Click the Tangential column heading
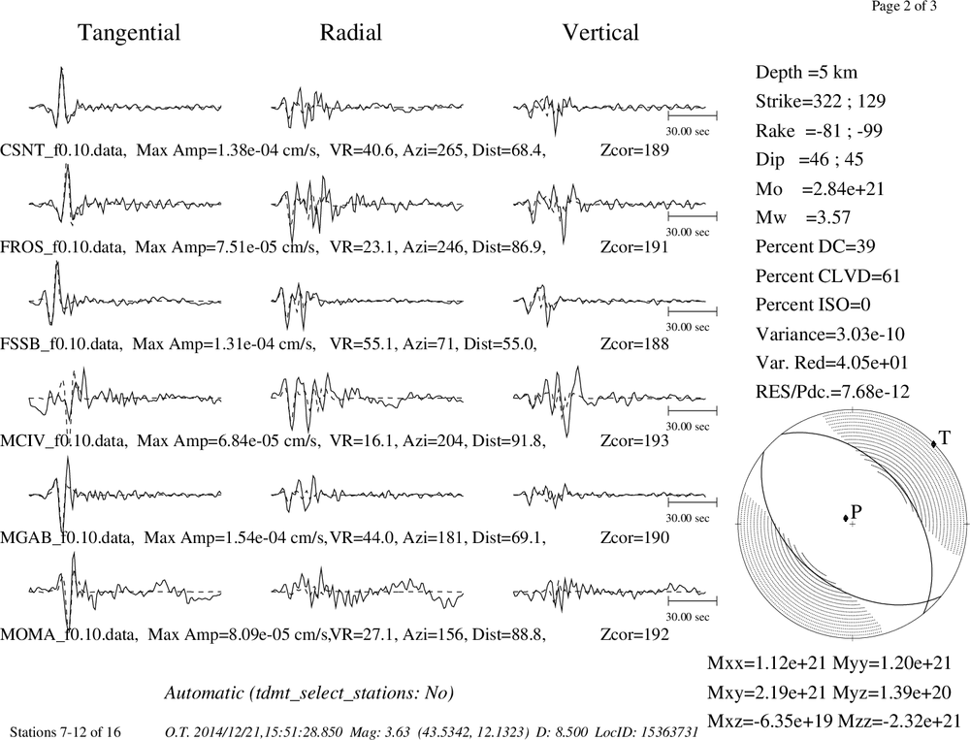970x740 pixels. coord(129,33)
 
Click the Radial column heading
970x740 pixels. coord(351,33)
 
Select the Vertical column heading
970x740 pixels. coord(600,33)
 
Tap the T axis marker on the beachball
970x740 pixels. coord(933,443)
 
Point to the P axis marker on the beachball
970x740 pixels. coord(846,518)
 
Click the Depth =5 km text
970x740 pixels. coord(806,73)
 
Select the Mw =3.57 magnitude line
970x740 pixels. coord(803,218)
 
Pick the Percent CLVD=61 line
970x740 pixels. coord(827,276)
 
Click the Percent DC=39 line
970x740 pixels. coord(816,247)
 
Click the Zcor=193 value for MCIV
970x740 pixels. coord(634,440)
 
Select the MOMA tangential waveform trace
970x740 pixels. coord(125,591)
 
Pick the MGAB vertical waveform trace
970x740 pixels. coord(609,494)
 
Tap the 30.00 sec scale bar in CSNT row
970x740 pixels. coord(693,115)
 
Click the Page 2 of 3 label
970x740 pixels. coord(904,6)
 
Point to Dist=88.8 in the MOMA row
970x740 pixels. coord(508,634)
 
